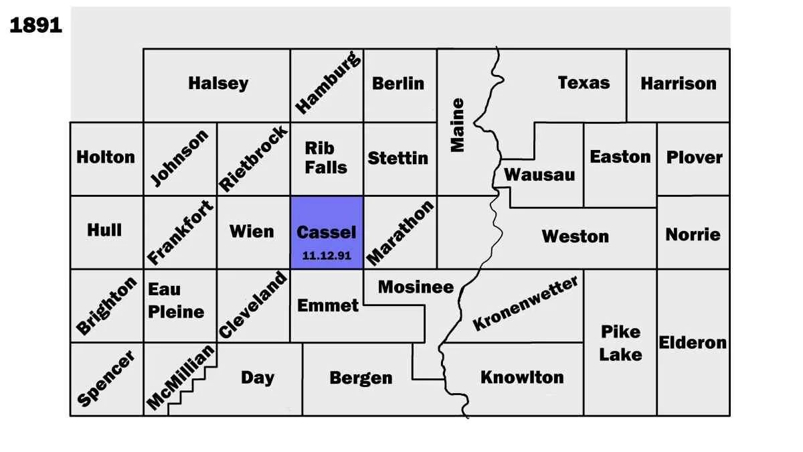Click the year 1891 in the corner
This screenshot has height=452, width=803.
coord(35,26)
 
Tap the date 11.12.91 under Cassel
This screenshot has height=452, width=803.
coord(327,256)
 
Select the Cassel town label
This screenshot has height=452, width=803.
coord(327,232)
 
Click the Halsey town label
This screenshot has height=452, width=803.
coord(218,84)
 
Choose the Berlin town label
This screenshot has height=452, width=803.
coord(398,84)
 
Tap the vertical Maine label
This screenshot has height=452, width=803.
coord(458,125)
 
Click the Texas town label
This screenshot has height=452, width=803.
coord(584,83)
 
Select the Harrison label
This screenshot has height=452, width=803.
coord(678,84)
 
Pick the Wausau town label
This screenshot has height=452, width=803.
coord(539,175)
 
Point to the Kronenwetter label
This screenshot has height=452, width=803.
coord(525,303)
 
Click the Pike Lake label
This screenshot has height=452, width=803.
coord(620,343)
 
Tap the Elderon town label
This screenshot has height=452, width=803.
coord(693,343)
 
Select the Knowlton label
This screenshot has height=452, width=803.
coord(522,377)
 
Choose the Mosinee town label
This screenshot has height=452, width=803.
coord(416,287)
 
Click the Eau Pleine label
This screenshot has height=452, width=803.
coord(175,301)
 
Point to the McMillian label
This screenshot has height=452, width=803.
coord(181,378)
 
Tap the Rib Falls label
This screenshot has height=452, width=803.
coord(326,157)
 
